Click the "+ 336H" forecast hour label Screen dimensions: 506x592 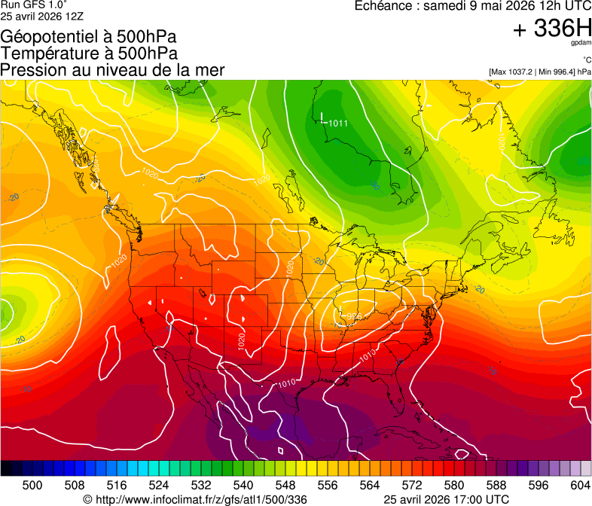551,29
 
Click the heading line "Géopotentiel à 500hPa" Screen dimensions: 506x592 85,37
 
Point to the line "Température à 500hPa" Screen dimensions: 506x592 89,53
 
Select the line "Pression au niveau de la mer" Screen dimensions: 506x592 112,70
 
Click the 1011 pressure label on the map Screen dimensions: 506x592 338,123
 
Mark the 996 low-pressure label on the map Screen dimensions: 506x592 352,316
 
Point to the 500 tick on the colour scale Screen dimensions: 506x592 32,486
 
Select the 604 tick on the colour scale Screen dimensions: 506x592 581,486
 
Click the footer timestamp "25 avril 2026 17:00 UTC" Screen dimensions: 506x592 446,499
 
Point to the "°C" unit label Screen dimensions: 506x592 586,60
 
